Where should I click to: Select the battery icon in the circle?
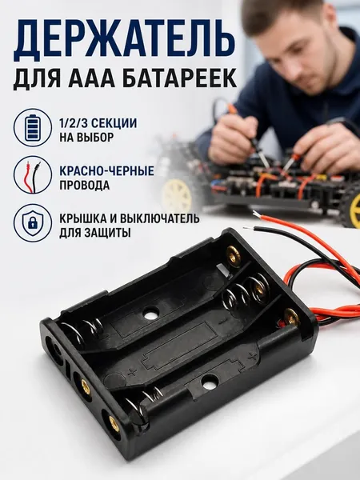click(33, 127)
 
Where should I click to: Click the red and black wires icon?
click(33, 176)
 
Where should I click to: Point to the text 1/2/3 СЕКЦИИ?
click(98, 124)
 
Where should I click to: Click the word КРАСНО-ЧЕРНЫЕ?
click(106, 171)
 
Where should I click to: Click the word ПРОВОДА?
click(85, 186)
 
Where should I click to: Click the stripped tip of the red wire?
click(257, 214)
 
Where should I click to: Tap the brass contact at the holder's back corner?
click(233, 253)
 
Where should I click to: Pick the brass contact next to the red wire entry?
click(291, 318)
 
